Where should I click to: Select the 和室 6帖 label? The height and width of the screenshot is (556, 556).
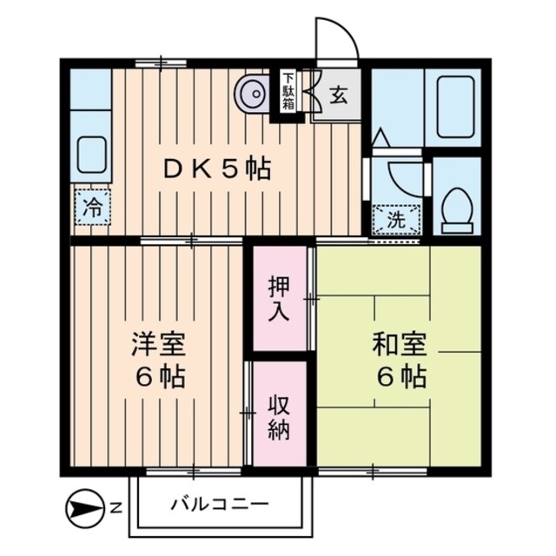(x=400, y=360)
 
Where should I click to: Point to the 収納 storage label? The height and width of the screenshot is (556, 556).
(x=279, y=416)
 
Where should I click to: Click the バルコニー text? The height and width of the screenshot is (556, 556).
(x=219, y=504)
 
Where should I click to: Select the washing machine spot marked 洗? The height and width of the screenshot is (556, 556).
(x=396, y=220)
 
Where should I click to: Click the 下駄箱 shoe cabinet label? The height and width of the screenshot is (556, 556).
(x=287, y=91)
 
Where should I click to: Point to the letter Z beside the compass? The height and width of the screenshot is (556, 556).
(x=116, y=505)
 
